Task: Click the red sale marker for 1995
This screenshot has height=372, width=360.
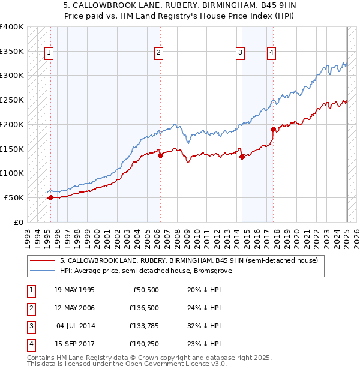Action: pos(50,197)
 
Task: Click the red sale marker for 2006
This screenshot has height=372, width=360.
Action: pos(161,155)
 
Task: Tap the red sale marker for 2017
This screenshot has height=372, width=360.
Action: pos(273,129)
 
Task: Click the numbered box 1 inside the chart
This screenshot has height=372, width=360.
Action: pos(49,53)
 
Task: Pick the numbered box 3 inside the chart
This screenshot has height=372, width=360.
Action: pos(240,53)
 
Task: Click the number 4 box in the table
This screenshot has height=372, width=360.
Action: pos(30,344)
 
